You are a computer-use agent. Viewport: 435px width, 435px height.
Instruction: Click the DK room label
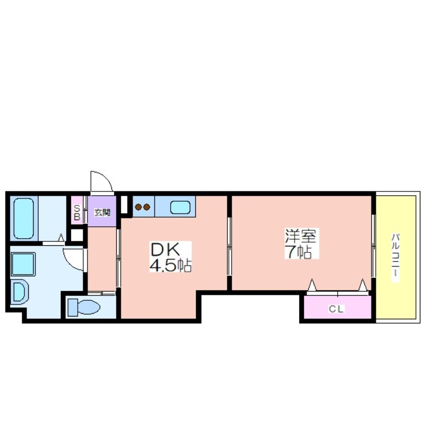click(x=165, y=250)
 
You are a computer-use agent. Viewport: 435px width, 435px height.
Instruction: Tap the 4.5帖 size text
click(x=170, y=265)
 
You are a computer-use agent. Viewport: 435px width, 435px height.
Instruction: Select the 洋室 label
click(x=301, y=236)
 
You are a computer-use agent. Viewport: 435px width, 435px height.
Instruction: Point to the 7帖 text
click(x=299, y=252)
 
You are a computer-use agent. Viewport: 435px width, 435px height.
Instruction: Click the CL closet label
click(x=336, y=309)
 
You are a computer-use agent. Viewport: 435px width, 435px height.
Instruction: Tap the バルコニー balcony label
click(x=396, y=258)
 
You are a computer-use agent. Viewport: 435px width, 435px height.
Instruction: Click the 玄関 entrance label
click(x=102, y=213)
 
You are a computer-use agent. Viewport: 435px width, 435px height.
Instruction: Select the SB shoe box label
click(x=77, y=213)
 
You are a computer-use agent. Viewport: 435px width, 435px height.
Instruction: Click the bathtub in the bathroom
click(x=23, y=219)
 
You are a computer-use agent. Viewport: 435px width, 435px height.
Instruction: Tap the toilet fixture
click(x=84, y=307)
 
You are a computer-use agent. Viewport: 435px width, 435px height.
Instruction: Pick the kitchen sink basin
click(x=180, y=208)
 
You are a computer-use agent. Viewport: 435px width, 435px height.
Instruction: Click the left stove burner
click(x=138, y=207)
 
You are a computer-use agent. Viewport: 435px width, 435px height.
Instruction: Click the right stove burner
click(x=147, y=207)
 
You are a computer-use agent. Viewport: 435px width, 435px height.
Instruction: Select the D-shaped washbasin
click(x=20, y=291)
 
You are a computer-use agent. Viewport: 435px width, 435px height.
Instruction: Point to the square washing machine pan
click(x=23, y=264)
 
